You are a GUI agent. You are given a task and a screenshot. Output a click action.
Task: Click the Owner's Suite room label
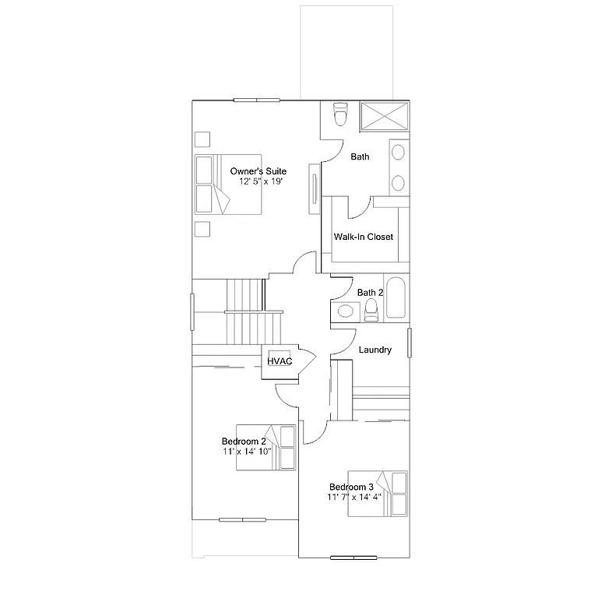coord(259,171)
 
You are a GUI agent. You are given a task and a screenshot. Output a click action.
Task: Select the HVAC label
coord(279,361)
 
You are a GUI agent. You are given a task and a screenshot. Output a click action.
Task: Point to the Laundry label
coord(375,350)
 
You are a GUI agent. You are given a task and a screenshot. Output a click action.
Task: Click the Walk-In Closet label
coord(363,237)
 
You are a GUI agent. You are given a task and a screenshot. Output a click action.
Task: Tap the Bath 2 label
coord(371,293)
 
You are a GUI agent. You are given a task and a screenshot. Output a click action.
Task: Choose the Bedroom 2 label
coord(244,441)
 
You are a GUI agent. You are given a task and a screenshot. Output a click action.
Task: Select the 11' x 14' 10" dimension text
coord(247,452)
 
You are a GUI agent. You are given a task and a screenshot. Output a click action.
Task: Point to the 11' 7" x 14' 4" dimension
coord(354,497)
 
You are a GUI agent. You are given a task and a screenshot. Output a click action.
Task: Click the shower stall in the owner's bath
coord(382,115)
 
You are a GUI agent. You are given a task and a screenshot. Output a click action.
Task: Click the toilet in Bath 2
coord(371,311)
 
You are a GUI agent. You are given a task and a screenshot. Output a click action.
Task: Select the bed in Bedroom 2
coord(278,447)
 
